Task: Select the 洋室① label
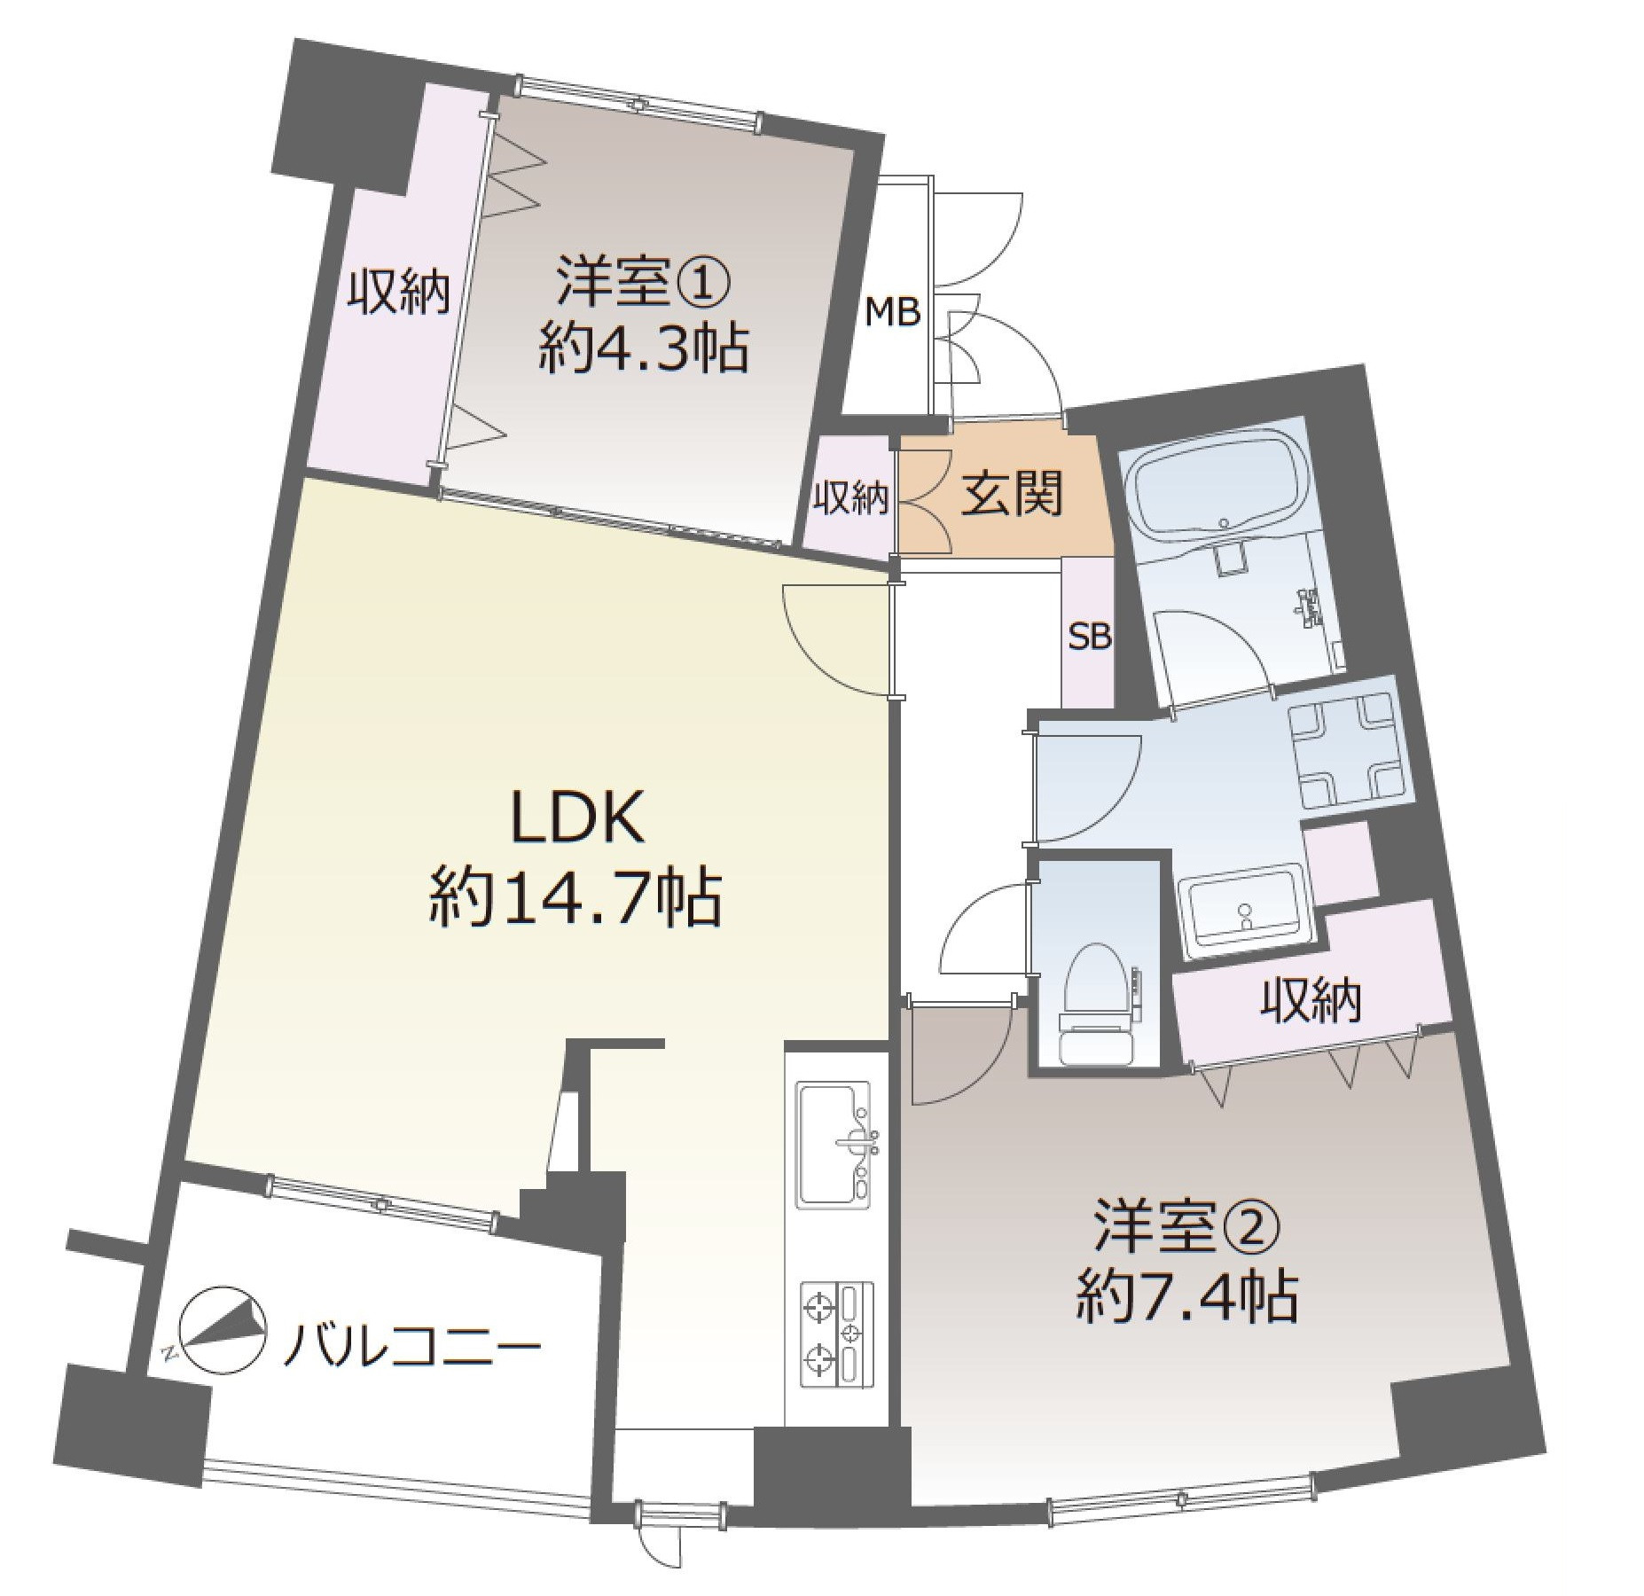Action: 643,282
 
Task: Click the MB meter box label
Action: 892,312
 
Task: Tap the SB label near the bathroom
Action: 1089,637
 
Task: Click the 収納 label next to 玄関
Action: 851,498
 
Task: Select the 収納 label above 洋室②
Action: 1311,1002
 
